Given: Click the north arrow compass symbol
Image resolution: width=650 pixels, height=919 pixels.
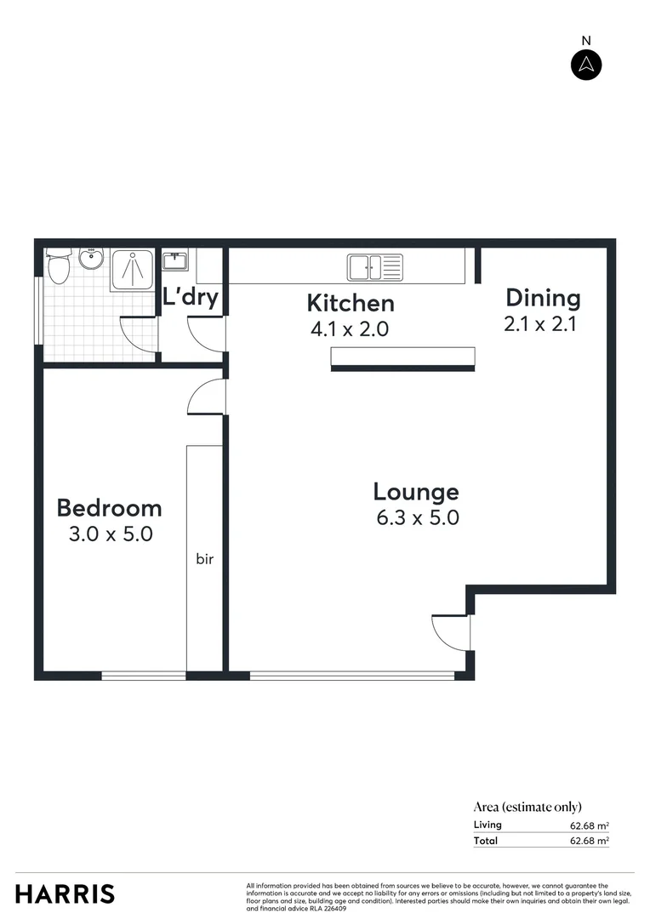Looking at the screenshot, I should [585, 65].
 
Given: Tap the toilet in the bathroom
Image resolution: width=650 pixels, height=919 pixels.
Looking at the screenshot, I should [58, 268].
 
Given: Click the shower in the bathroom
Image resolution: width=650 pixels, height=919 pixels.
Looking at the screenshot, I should [133, 271].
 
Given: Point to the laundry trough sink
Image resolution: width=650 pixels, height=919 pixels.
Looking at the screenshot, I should [175, 260].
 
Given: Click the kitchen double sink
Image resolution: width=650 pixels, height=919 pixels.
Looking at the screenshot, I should [373, 267].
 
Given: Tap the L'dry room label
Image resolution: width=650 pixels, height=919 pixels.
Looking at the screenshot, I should [191, 298].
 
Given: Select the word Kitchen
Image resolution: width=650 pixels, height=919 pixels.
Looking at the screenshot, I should [350, 303].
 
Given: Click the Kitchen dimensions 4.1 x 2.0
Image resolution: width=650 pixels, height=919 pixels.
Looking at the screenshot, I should [350, 328].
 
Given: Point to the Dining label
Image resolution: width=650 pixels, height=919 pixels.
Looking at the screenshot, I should [543, 298].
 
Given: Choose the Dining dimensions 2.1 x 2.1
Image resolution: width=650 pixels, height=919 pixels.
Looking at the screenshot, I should [540, 323].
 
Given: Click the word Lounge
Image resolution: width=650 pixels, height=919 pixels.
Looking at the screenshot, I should [416, 491].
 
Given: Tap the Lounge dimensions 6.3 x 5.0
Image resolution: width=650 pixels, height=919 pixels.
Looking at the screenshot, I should [416, 517].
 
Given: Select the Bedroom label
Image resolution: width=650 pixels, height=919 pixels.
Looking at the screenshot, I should [109, 508].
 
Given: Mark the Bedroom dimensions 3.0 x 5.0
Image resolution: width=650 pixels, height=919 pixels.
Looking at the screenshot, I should [110, 534].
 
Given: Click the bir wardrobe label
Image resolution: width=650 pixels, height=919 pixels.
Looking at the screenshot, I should [204, 559].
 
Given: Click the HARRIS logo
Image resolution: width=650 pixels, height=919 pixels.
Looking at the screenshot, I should [65, 893].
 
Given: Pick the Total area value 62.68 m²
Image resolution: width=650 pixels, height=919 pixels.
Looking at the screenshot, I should [589, 841].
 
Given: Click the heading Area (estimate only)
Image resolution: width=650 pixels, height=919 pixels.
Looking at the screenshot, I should [527, 807].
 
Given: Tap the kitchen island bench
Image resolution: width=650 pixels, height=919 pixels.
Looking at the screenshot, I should [402, 358].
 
